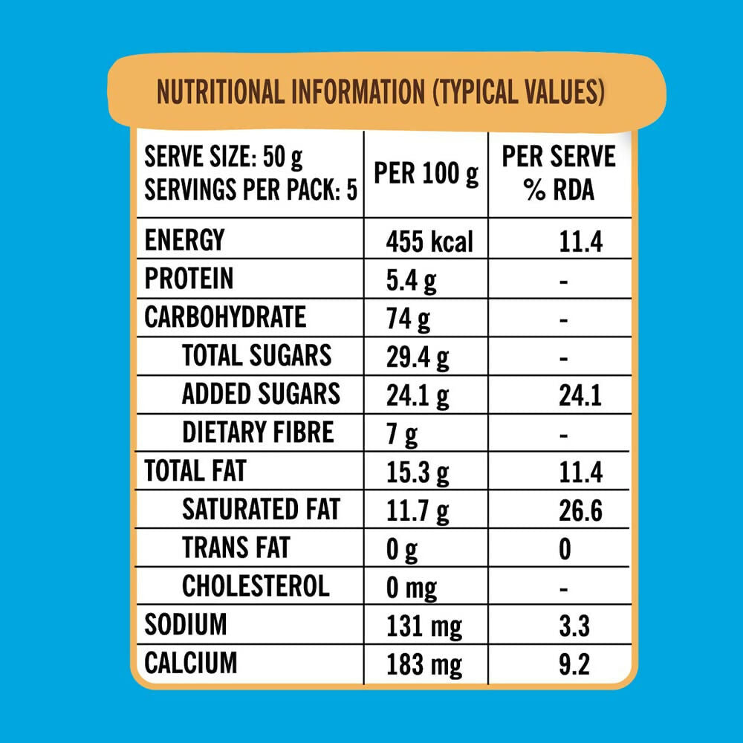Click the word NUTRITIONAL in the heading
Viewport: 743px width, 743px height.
click(221, 93)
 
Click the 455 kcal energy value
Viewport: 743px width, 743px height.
click(429, 241)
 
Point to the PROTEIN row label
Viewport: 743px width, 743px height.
click(189, 279)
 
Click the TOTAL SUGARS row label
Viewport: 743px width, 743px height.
click(256, 356)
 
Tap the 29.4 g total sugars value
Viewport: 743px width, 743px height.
click(418, 358)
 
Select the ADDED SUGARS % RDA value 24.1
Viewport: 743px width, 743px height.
click(580, 397)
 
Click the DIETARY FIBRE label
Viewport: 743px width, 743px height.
click(258, 432)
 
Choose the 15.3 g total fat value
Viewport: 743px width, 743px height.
click(418, 473)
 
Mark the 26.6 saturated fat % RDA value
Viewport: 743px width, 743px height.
click(580, 511)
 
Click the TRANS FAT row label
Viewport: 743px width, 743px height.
click(236, 548)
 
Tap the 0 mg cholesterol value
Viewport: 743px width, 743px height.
click(412, 588)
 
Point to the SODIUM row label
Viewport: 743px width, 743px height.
click(185, 625)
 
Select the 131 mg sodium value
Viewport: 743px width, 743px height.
click(424, 627)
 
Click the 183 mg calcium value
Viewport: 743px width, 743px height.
click(424, 664)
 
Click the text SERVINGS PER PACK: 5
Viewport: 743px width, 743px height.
click(250, 191)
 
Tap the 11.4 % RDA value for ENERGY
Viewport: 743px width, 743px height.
click(580, 241)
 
